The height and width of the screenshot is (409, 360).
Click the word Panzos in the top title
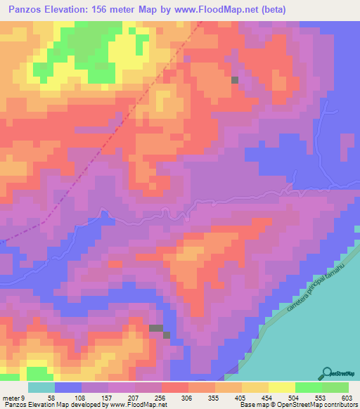click(x=28, y=10)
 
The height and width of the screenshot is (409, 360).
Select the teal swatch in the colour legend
click(x=41, y=388)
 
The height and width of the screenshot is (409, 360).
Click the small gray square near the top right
click(x=234, y=80)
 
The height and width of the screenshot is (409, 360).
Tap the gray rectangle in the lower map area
click(x=157, y=327)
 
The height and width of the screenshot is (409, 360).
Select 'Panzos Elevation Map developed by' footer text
click(x=49, y=404)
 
